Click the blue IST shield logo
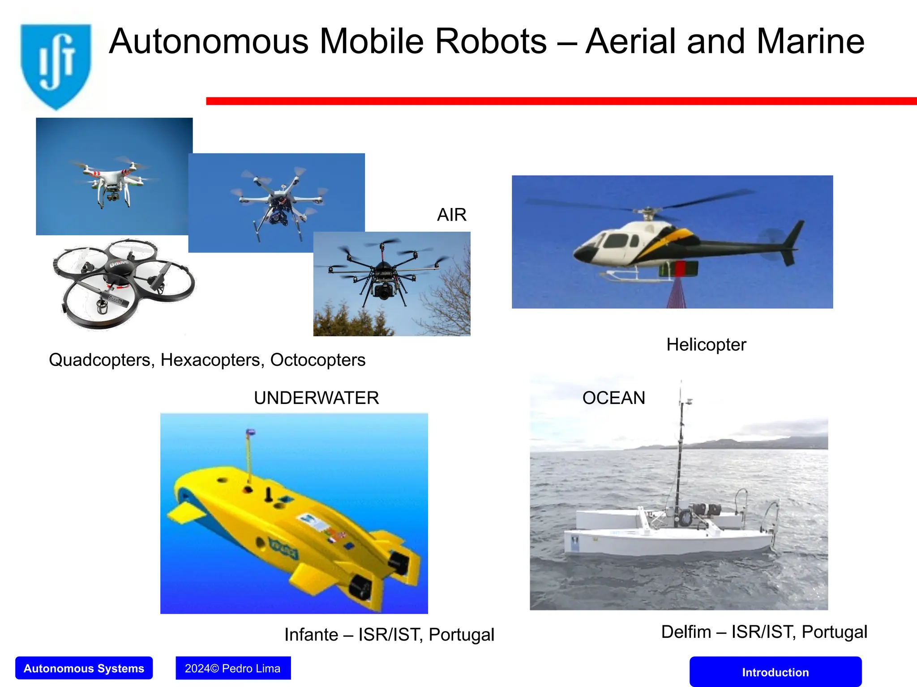[x=56, y=65]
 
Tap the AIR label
[x=451, y=215]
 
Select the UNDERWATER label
[x=316, y=398]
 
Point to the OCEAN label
[x=613, y=398]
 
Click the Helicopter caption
[x=706, y=345]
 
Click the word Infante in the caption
[x=311, y=635]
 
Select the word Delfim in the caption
[x=686, y=632]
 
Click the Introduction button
[x=775, y=672]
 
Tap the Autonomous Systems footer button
[x=84, y=668]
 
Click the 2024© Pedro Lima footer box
[x=233, y=668]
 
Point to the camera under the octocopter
[x=383, y=291]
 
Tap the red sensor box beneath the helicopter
[x=680, y=269]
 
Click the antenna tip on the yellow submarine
[x=251, y=433]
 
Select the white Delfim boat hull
[x=667, y=541]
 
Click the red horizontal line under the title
[x=560, y=101]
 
